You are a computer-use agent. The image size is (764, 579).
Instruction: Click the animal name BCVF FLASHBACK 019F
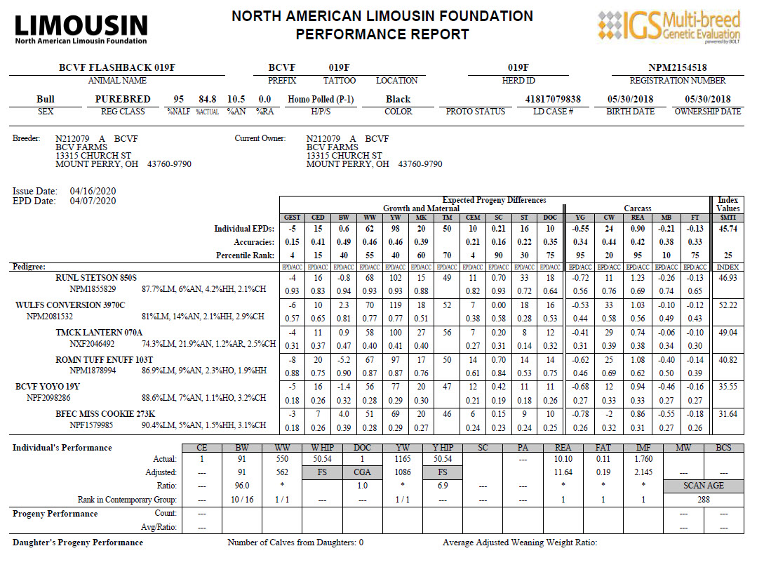[x=117, y=67]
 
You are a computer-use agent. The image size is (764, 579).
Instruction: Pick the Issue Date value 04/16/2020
[x=93, y=191]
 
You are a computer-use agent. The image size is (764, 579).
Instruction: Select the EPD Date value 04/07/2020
[x=93, y=201]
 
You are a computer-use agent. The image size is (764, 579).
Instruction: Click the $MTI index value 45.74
[x=728, y=229]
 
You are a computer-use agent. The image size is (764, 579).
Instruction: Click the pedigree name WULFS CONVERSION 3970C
[x=70, y=305]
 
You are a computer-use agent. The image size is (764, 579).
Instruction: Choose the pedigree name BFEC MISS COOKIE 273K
[x=105, y=414]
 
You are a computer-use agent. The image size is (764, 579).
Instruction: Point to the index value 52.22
[x=728, y=305]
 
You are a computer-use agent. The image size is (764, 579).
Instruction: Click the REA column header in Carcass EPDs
[x=638, y=218]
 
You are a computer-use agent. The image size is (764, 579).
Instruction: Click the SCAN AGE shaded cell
[x=703, y=486]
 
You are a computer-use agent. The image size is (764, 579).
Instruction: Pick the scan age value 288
[x=703, y=500]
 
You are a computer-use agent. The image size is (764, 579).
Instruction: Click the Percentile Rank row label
[x=240, y=255]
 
